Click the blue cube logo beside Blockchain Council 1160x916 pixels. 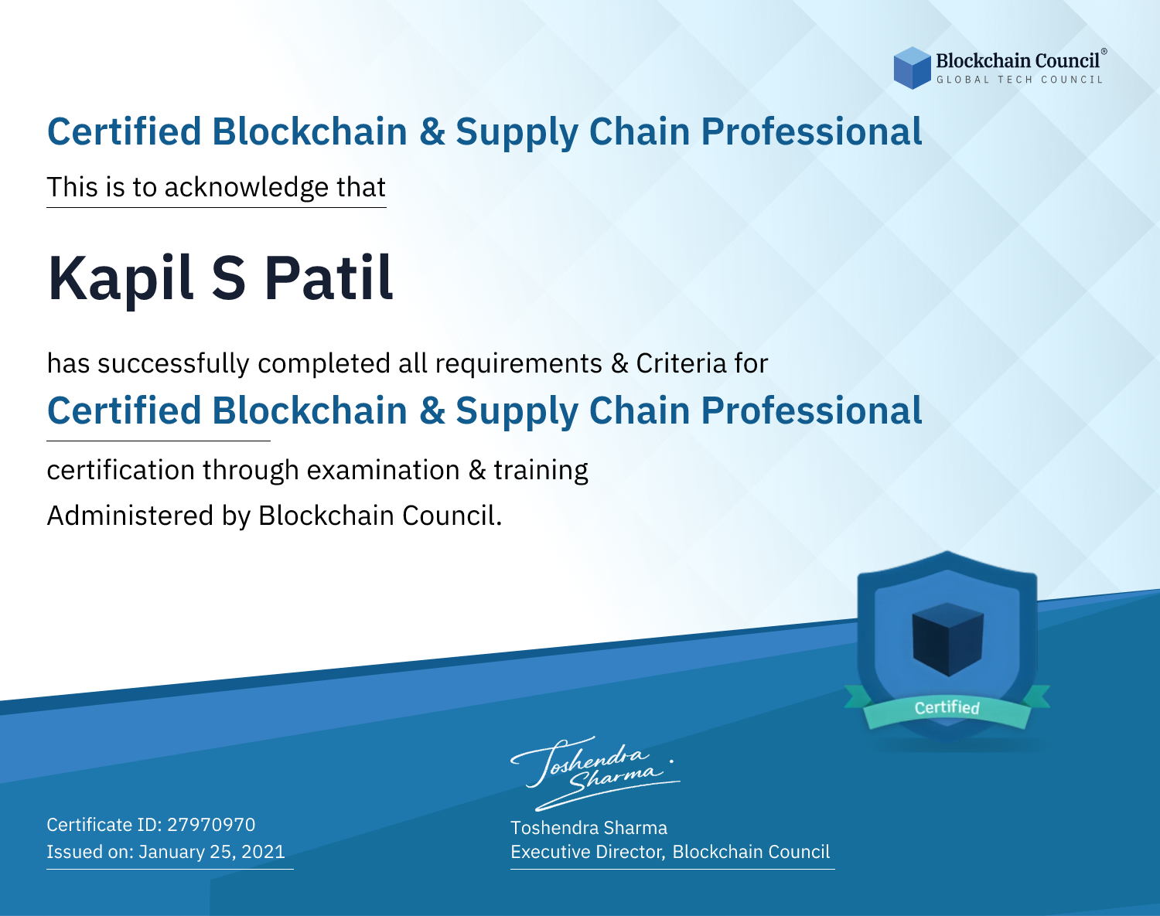pyautogui.click(x=912, y=68)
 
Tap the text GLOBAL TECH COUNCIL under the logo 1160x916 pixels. pyautogui.click(x=1019, y=80)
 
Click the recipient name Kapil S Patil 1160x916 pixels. pyautogui.click(x=220, y=279)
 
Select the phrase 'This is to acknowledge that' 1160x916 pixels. pyautogui.click(x=217, y=187)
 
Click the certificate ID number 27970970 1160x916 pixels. pyautogui.click(x=211, y=824)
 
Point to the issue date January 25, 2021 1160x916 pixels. pyautogui.click(x=212, y=851)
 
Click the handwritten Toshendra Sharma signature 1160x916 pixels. pyautogui.click(x=595, y=773)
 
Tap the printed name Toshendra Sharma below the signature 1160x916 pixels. pyautogui.click(x=589, y=828)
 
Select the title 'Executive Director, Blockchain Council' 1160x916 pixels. pyautogui.click(x=670, y=852)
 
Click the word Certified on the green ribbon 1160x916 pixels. pyautogui.click(x=947, y=707)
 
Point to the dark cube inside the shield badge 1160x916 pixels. pyautogui.click(x=947, y=639)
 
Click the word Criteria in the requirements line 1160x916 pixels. pyautogui.click(x=681, y=363)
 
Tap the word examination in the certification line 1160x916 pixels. pyautogui.click(x=383, y=471)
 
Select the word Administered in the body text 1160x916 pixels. pyautogui.click(x=130, y=515)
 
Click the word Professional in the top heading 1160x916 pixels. pyautogui.click(x=812, y=132)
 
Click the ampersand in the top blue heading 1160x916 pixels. pyautogui.click(x=432, y=132)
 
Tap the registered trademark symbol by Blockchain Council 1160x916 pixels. pyautogui.click(x=1104, y=52)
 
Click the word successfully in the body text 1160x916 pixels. pyautogui.click(x=173, y=364)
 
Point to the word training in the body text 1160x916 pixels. pyautogui.click(x=541, y=471)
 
